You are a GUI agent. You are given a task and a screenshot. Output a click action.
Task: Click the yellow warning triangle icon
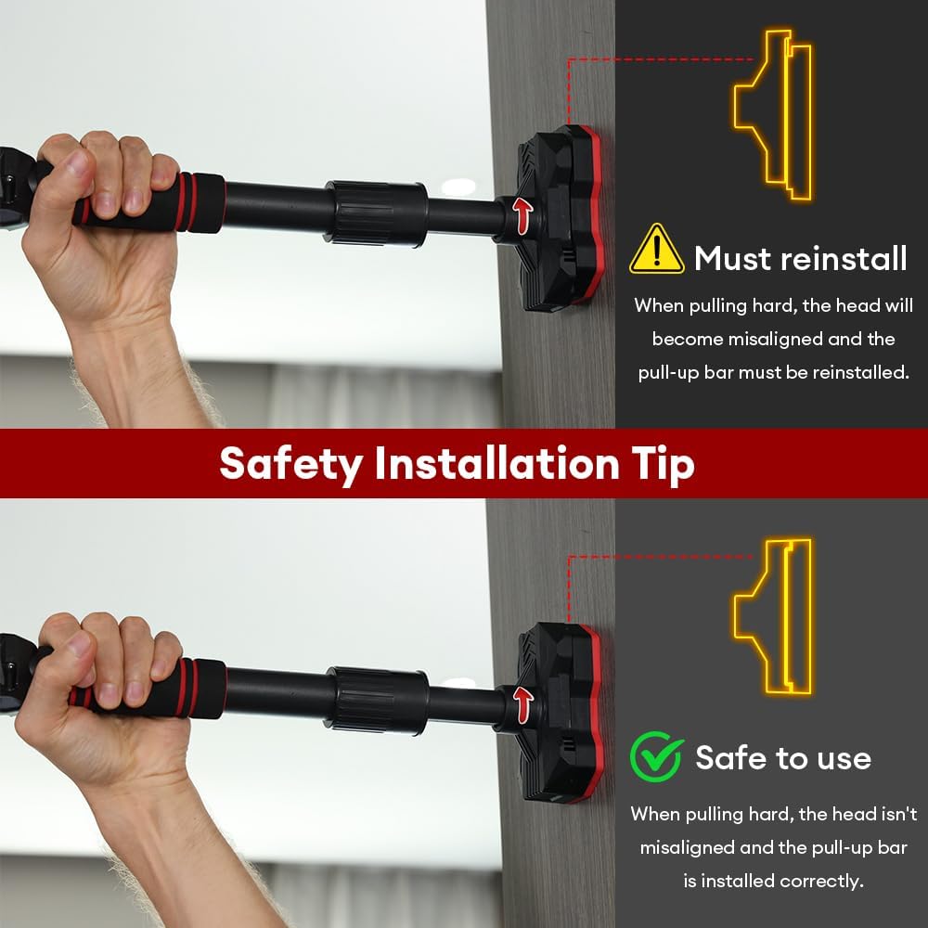pyautogui.click(x=656, y=249)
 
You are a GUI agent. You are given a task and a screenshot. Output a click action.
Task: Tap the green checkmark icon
pyautogui.click(x=656, y=756)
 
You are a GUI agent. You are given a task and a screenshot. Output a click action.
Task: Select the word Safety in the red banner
pyautogui.click(x=290, y=464)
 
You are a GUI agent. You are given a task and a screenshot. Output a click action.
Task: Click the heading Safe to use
pyautogui.click(x=783, y=758)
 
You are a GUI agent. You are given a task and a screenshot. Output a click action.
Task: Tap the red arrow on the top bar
pyautogui.click(x=522, y=215)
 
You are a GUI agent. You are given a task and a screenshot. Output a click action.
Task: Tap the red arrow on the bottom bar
pyautogui.click(x=523, y=705)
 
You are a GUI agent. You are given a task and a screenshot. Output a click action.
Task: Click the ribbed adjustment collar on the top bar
pyautogui.click(x=375, y=213)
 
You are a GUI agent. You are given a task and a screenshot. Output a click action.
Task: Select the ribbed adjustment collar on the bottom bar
pyautogui.click(x=377, y=701)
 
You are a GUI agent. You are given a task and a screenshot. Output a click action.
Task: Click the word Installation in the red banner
pyautogui.click(x=496, y=463)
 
